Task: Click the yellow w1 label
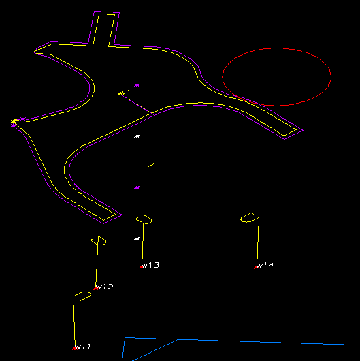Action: coord(125,93)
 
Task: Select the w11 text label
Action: coord(83,347)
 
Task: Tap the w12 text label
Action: coord(104,287)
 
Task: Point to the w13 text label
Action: coord(150,265)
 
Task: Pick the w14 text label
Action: coord(265,266)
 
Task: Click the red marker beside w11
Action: coord(74,349)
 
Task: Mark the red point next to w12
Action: coord(96,289)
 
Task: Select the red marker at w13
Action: coord(141,267)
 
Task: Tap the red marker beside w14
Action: coord(256,267)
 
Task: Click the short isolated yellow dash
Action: coord(152,165)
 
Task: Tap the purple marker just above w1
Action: coord(137,85)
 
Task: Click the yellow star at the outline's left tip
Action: coord(14,121)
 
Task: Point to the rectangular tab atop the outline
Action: coord(103,28)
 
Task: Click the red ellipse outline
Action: coord(277,48)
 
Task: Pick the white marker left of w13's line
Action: coord(137,238)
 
